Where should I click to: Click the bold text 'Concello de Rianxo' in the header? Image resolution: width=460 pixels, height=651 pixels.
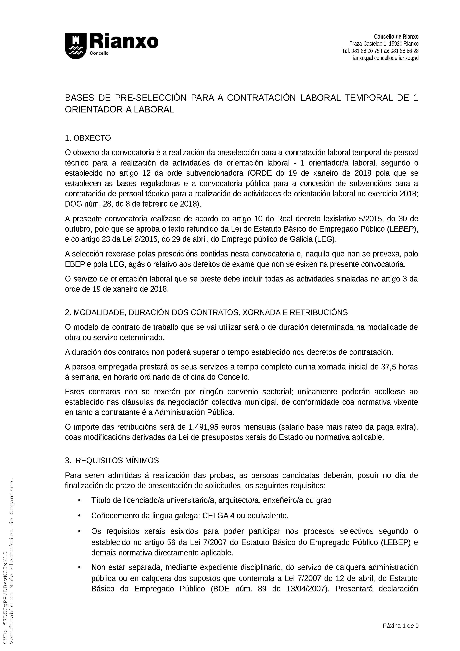(396, 37)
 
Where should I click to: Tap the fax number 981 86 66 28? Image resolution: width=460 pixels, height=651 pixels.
(405, 51)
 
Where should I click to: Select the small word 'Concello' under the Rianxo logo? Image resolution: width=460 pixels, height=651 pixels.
(99, 54)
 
